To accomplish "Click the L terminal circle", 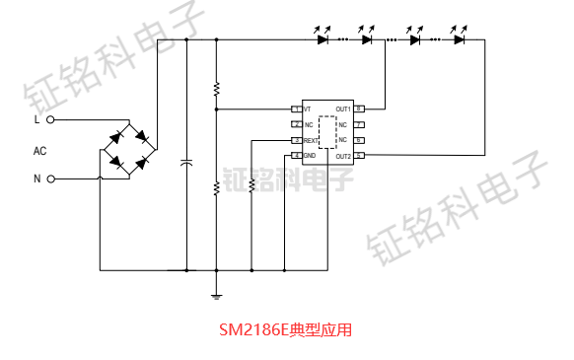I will [x=49, y=120].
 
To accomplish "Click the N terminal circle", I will [x=49, y=180].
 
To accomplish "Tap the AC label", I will [x=39, y=151].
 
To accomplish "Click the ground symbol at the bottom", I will [x=216, y=293].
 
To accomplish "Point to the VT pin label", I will [x=308, y=108].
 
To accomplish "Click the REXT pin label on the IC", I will [x=311, y=141].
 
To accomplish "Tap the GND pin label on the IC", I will [x=310, y=156].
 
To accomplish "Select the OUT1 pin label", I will [x=343, y=108].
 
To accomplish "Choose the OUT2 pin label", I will [x=343, y=156].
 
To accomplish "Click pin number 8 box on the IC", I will [x=360, y=108].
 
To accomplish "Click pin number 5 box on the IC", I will [x=360, y=156].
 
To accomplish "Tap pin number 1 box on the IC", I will [x=295, y=108].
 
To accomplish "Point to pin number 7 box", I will [x=360, y=125].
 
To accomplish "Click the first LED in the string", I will [x=323, y=39].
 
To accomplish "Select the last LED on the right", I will [x=460, y=39].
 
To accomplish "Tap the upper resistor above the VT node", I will [x=216, y=90].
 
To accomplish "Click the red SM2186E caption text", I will [x=285, y=330].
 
